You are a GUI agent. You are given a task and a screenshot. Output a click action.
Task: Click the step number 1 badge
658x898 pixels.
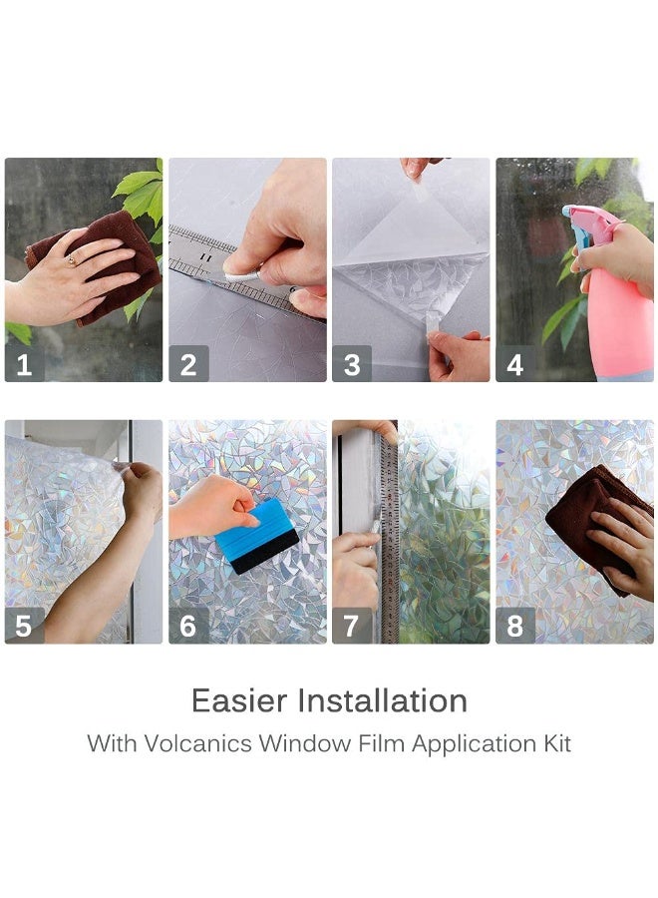click(25, 363)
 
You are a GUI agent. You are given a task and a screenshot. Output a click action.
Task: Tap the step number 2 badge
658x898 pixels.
click(188, 363)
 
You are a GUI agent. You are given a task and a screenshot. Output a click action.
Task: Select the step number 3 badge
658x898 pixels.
click(352, 363)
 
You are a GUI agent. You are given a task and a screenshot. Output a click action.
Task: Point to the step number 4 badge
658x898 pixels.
click(515, 363)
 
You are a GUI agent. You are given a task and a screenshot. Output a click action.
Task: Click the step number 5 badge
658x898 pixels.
click(25, 625)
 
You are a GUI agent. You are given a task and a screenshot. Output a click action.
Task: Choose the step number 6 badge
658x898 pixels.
click(188, 625)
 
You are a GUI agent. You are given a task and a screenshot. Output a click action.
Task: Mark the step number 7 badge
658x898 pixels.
click(352, 625)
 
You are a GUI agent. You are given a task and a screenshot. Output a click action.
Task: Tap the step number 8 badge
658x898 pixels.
click(515, 625)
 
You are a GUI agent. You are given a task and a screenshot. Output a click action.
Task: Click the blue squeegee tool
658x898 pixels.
click(257, 536)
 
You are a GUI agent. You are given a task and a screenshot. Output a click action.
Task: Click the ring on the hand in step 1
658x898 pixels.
click(72, 261)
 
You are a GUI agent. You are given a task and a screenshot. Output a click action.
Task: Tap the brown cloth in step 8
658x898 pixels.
click(595, 524)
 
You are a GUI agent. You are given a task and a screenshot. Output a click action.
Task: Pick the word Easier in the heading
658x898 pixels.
click(239, 700)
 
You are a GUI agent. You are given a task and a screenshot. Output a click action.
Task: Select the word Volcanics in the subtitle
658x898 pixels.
click(198, 744)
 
